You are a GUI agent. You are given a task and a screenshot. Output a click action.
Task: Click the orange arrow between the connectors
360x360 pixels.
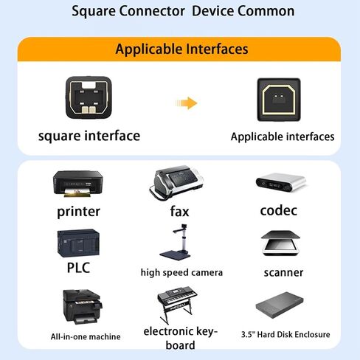[x=187, y=103]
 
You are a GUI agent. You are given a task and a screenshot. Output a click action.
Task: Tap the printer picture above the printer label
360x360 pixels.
[x=77, y=184]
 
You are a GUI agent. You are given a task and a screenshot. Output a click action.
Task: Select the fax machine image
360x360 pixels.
[x=176, y=182]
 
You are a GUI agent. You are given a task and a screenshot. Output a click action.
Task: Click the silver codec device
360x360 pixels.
[x=280, y=182]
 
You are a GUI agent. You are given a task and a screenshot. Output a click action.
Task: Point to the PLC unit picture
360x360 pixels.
[x=78, y=243]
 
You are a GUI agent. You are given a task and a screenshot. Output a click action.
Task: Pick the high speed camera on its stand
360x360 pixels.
[x=176, y=242]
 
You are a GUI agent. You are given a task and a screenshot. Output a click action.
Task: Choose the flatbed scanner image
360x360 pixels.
[x=280, y=243]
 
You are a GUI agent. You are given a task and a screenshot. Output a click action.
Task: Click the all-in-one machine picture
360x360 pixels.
[x=83, y=307]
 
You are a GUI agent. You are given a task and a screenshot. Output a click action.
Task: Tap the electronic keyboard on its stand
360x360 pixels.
[x=177, y=304]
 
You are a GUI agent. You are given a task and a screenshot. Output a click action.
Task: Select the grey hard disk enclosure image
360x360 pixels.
[x=280, y=305]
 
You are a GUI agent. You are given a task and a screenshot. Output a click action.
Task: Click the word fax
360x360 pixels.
[x=179, y=211]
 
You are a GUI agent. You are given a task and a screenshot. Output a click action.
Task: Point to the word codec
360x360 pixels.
[x=279, y=210]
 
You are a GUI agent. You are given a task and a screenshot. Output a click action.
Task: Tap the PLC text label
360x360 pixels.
[x=78, y=268]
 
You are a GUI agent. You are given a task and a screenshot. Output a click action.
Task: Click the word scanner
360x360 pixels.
[x=283, y=272]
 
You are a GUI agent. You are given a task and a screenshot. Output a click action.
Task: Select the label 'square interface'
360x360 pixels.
[x=89, y=136]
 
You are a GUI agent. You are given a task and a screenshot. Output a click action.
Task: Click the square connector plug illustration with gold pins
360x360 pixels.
[x=89, y=97]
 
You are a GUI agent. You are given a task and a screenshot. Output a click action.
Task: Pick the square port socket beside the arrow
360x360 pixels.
[x=279, y=100]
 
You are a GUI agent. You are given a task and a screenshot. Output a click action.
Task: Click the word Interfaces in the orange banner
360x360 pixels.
[x=217, y=49]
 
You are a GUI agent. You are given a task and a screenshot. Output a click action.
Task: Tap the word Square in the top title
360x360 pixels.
[x=94, y=12]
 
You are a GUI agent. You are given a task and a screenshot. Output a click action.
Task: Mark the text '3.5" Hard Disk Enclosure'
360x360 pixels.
[x=285, y=334]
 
